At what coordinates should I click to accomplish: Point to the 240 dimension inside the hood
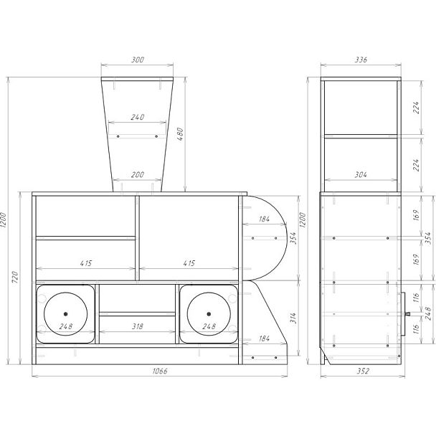(x=138, y=116)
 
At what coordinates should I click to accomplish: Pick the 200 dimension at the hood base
(x=138, y=175)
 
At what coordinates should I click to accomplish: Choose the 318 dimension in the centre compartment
(x=138, y=326)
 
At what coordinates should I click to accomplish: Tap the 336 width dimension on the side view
(x=360, y=60)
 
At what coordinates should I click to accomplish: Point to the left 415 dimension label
(x=85, y=264)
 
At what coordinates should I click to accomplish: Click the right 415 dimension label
(x=189, y=264)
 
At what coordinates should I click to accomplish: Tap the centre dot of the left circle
(x=66, y=314)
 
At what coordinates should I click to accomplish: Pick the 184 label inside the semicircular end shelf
(x=264, y=219)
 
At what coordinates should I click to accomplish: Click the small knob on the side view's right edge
(x=409, y=313)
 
